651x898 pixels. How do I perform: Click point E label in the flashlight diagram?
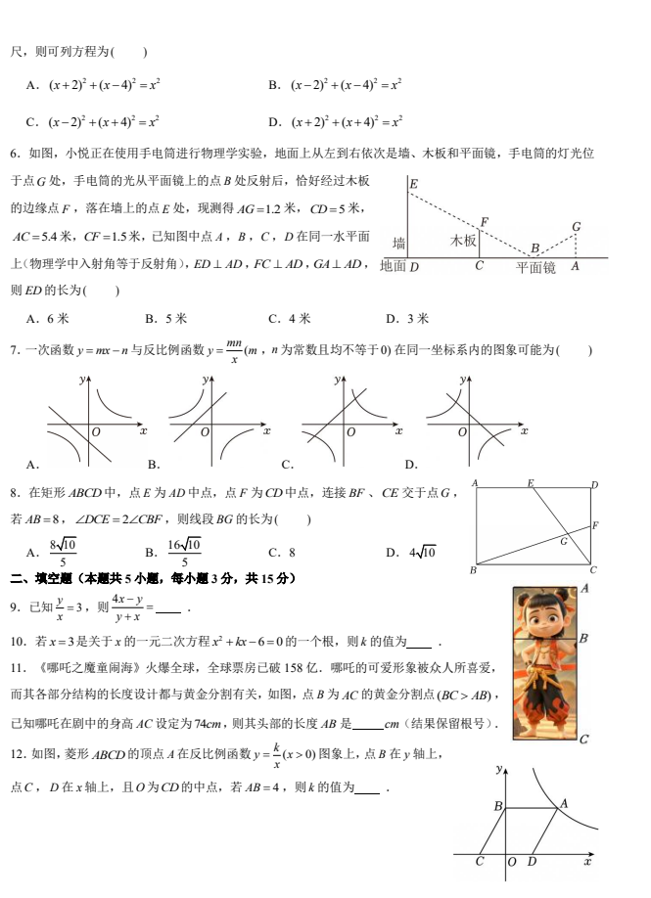[414, 184]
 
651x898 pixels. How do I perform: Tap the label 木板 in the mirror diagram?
[463, 241]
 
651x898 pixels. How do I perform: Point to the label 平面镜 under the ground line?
[535, 267]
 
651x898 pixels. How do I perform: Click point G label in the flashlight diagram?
[577, 227]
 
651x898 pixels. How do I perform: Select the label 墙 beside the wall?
[398, 243]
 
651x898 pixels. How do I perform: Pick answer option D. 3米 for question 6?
[406, 318]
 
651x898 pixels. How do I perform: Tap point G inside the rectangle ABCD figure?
[564, 540]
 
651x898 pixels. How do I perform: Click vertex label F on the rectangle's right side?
[594, 526]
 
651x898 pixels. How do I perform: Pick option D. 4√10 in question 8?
[411, 552]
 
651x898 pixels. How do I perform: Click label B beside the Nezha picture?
[583, 639]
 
